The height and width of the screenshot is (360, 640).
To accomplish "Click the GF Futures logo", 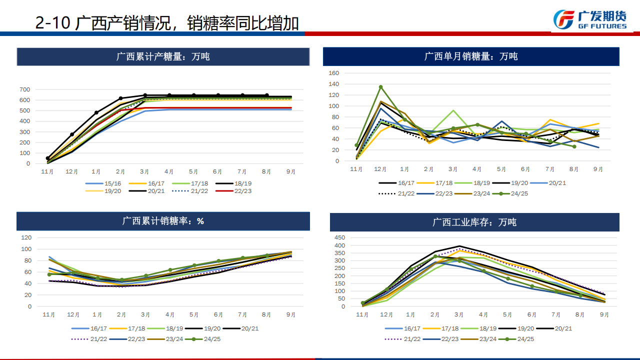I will click(590, 19).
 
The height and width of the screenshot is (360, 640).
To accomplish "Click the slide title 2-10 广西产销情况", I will click(167, 23).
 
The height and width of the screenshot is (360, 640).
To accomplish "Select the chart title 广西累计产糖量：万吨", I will click(163, 56).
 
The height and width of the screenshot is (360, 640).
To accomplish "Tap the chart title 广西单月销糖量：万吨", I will click(470, 56).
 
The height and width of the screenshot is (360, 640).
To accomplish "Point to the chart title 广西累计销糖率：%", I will click(163, 220).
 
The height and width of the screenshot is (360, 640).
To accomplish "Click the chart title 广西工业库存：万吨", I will click(474, 222).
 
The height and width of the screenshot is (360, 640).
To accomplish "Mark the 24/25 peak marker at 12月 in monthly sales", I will click(380, 87).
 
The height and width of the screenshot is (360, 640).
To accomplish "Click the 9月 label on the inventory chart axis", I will click(604, 315).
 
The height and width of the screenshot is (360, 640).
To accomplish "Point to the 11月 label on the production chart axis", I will click(48, 172).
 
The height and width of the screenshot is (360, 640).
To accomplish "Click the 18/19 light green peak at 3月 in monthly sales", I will click(453, 110).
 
